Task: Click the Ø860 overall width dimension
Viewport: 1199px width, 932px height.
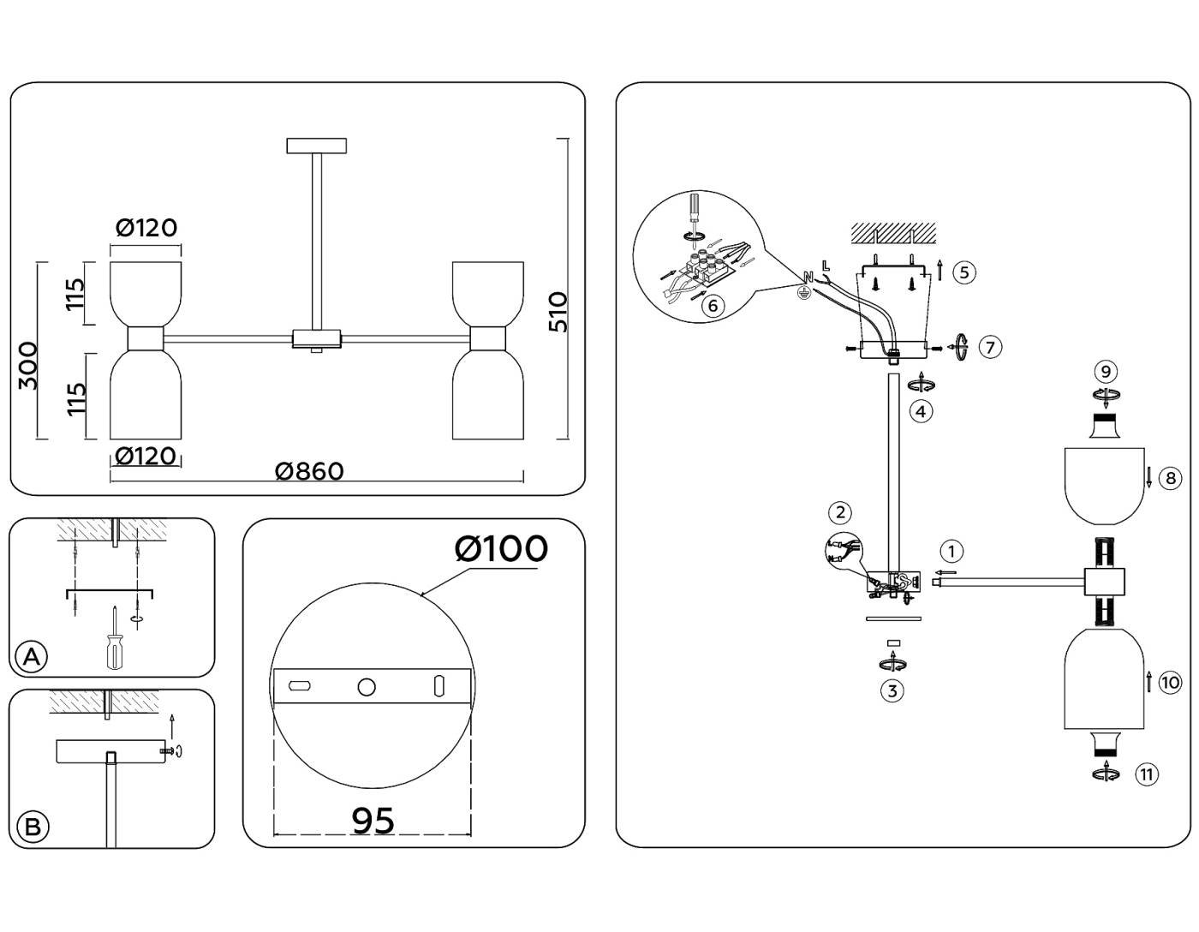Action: tap(309, 471)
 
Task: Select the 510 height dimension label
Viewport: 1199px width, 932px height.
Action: tap(558, 312)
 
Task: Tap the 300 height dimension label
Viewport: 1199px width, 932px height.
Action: tap(27, 366)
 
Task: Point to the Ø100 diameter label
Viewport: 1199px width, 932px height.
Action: tap(501, 549)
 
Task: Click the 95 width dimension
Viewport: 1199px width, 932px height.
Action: tap(373, 821)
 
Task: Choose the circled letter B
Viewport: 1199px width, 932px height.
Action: tap(33, 827)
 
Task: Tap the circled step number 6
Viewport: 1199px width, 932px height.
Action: tap(713, 306)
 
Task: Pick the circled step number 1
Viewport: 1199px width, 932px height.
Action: tap(951, 551)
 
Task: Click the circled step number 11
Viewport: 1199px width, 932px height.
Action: tap(1146, 774)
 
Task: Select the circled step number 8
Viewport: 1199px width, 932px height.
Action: tap(1170, 478)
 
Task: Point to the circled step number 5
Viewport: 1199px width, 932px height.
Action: tap(963, 272)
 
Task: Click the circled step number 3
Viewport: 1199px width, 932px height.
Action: tap(892, 690)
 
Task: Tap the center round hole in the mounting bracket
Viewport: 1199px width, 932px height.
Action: tap(367, 687)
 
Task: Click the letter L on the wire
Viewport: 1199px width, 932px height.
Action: tap(825, 266)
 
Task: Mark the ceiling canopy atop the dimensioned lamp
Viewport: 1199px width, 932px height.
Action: tap(317, 146)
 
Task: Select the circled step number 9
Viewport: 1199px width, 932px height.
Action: tap(1106, 371)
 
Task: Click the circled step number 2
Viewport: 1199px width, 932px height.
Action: tap(840, 512)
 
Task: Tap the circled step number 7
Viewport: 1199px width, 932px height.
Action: tap(990, 347)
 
